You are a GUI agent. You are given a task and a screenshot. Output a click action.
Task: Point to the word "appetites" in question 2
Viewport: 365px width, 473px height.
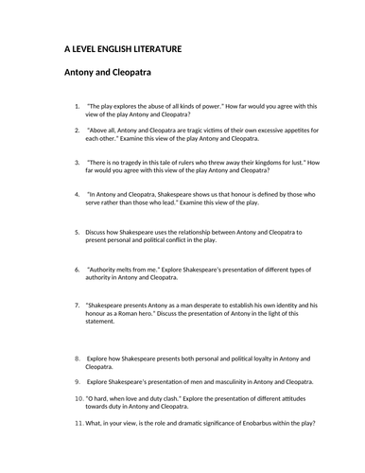coord(294,129)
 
